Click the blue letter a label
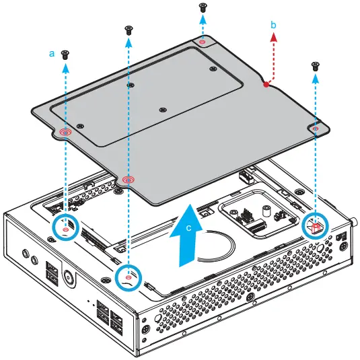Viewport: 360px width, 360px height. click(x=52, y=54)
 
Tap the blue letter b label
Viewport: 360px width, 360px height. click(x=273, y=25)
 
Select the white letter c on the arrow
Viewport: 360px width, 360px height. click(x=188, y=227)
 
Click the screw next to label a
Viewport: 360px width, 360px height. click(x=65, y=55)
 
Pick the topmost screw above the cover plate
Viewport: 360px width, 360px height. click(x=203, y=7)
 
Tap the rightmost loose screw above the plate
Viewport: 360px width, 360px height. click(x=316, y=66)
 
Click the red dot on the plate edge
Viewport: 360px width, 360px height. click(x=266, y=85)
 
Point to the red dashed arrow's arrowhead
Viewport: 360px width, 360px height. click(x=273, y=38)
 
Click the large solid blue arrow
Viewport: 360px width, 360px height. click(x=186, y=236)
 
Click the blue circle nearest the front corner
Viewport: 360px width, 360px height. click(x=129, y=278)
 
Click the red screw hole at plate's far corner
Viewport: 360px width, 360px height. click(x=202, y=42)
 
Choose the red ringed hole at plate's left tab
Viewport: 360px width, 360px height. click(x=65, y=132)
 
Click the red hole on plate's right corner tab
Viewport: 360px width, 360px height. click(x=316, y=129)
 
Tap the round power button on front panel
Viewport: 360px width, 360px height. click(x=69, y=278)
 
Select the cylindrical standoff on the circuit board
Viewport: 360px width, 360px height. click(x=266, y=211)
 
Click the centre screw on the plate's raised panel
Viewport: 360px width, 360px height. click(x=163, y=110)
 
